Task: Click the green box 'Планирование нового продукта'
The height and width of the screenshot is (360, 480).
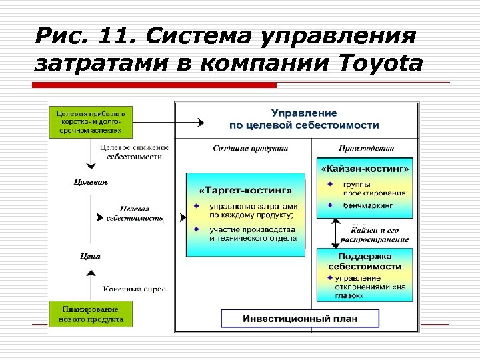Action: tap(91, 314)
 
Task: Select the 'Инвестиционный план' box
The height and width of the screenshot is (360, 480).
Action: tap(299, 319)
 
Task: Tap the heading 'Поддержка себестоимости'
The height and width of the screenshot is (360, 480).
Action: tap(364, 261)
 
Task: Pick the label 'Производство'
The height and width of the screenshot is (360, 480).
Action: tap(366, 148)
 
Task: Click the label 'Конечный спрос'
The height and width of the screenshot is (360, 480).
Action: tap(134, 289)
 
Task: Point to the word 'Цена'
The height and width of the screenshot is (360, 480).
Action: tap(90, 255)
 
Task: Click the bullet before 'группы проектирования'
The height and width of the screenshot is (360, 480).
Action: tap(330, 183)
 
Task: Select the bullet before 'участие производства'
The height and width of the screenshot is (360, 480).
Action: tap(196, 229)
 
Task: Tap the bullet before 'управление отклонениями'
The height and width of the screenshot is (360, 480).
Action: tap(329, 277)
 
